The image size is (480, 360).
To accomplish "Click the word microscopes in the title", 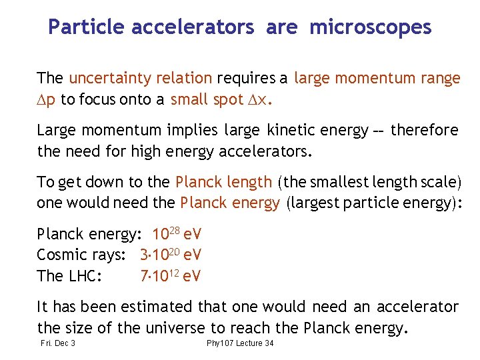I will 371,27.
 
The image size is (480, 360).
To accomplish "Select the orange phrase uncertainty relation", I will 141,79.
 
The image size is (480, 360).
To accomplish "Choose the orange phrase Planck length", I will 223,182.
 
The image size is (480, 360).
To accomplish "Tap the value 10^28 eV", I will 177,234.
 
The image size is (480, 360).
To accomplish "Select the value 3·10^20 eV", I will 171,255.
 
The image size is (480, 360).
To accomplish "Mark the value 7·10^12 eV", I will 171,275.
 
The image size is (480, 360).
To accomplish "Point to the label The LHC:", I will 69,275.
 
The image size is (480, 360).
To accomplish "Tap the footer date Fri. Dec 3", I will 57,343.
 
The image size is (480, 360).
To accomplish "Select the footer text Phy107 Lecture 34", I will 240,343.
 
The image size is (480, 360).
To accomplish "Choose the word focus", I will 99,100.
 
